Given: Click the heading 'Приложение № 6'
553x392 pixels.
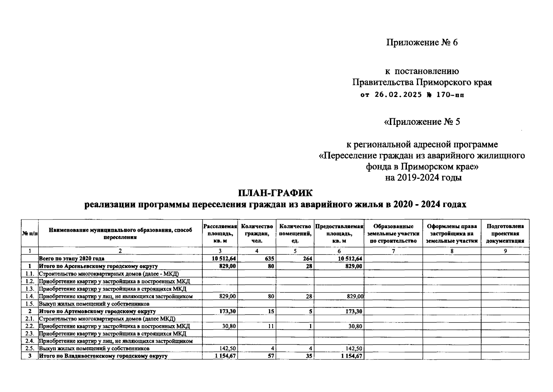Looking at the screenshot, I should coord(422,42).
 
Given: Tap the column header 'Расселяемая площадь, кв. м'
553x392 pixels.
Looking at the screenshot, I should coord(220,234).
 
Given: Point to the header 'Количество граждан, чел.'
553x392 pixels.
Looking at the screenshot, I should coord(257,234).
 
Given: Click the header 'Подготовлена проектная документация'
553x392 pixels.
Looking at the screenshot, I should coord(505,234).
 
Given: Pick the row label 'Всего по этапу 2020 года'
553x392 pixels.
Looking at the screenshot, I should coord(72,259).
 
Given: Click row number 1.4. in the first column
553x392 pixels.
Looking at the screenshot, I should coord(30,297).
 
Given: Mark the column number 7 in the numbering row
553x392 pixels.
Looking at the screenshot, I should coord(393,251).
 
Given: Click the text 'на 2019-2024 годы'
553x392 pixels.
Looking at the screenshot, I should coord(423,178).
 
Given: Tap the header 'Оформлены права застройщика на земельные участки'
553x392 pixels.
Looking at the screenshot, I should coord(452,234).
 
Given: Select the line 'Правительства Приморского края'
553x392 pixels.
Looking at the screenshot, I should coord(422,82).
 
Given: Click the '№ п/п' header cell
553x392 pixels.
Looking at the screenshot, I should coord(30,234).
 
